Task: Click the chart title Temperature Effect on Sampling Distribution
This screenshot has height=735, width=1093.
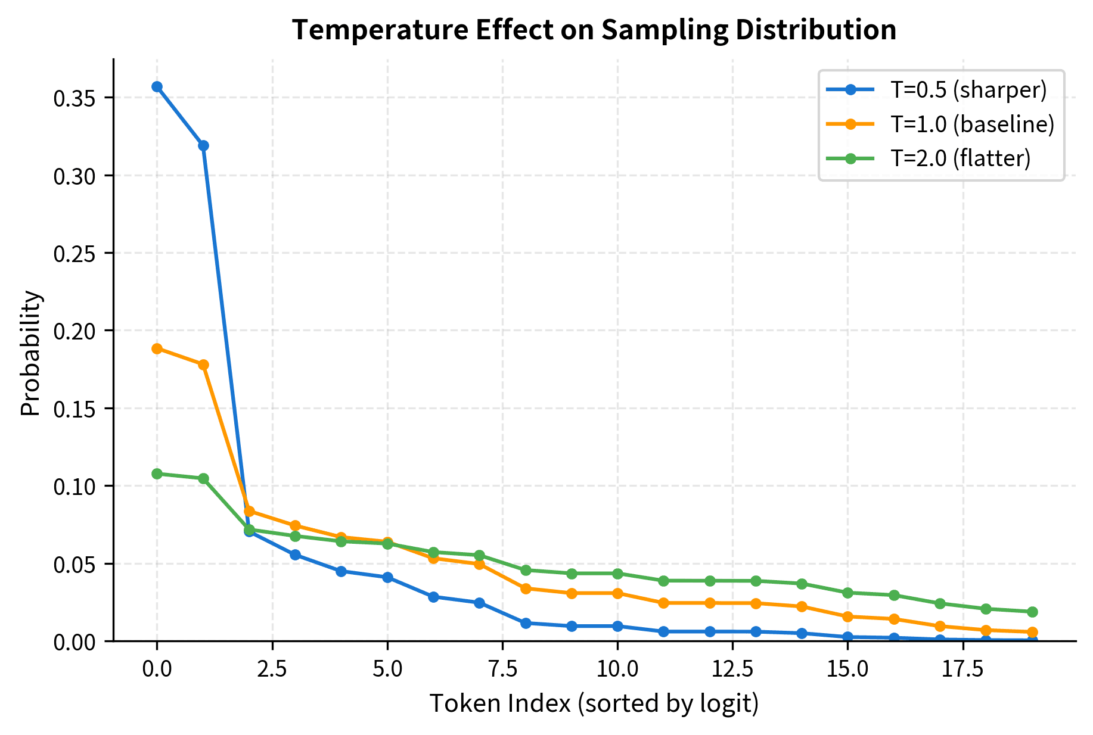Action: pos(594,30)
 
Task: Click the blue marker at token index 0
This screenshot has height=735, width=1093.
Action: pos(157,87)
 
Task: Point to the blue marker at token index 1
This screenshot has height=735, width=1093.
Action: pos(203,146)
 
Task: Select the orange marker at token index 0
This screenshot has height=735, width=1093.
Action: pos(157,348)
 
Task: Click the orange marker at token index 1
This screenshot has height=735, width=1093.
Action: pos(203,365)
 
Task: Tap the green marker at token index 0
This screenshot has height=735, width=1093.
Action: pos(157,474)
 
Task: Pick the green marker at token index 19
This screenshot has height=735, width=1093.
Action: pos(1032,612)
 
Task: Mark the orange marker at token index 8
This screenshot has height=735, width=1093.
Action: pos(526,588)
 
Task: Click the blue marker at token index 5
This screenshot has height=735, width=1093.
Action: pos(387,577)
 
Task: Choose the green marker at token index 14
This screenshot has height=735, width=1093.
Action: pos(802,584)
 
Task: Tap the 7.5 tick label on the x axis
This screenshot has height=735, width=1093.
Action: pos(502,669)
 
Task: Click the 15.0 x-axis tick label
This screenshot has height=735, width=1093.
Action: pos(847,669)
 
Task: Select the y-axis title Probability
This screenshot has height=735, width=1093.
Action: pos(31,353)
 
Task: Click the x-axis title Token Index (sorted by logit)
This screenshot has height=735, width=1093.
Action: pos(594,703)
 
